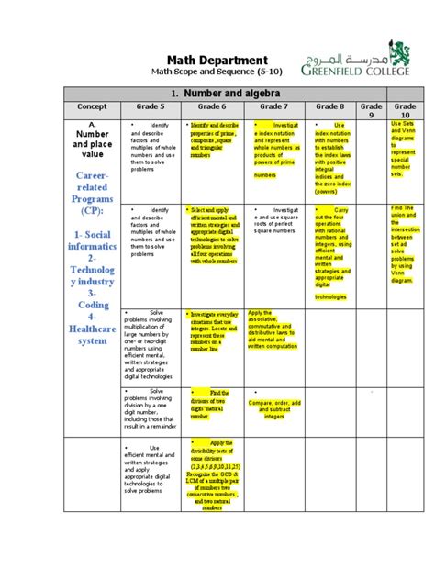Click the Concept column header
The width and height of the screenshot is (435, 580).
click(92, 107)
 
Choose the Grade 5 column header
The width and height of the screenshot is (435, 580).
click(151, 107)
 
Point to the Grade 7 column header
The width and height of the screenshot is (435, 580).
click(274, 107)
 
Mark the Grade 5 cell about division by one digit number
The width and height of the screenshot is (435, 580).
click(151, 408)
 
